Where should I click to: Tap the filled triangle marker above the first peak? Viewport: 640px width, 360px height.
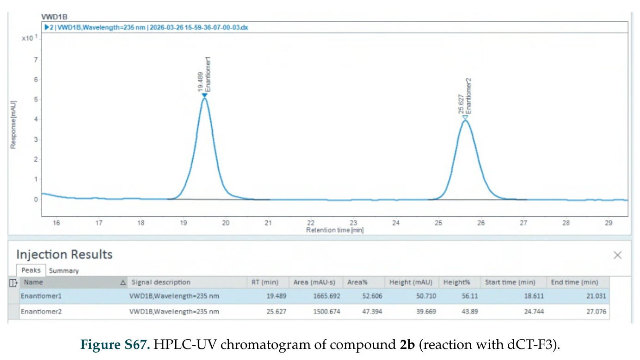204,95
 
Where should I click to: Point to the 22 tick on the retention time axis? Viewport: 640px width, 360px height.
311,223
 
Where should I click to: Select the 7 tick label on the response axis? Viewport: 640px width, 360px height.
36,60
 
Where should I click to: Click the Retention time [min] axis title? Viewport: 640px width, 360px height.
335,230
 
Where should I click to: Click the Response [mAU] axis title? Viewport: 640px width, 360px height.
13,125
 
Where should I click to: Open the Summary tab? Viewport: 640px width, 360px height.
64,271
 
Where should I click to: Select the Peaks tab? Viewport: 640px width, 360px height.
31,270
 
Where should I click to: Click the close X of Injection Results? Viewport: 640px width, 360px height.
617,255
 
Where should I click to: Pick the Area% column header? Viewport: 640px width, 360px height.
357,282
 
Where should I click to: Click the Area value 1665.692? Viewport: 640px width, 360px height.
326,296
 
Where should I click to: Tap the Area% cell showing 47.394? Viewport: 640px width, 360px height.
372,311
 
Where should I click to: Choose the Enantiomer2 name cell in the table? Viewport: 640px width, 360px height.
41,311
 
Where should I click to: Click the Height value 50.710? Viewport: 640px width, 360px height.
426,296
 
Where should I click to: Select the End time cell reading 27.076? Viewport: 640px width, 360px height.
596,311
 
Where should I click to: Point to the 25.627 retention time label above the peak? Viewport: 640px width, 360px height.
461,104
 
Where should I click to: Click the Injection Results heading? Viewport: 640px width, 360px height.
65,254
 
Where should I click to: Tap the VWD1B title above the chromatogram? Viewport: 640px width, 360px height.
54,17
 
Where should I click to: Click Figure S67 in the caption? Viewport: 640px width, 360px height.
115,344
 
